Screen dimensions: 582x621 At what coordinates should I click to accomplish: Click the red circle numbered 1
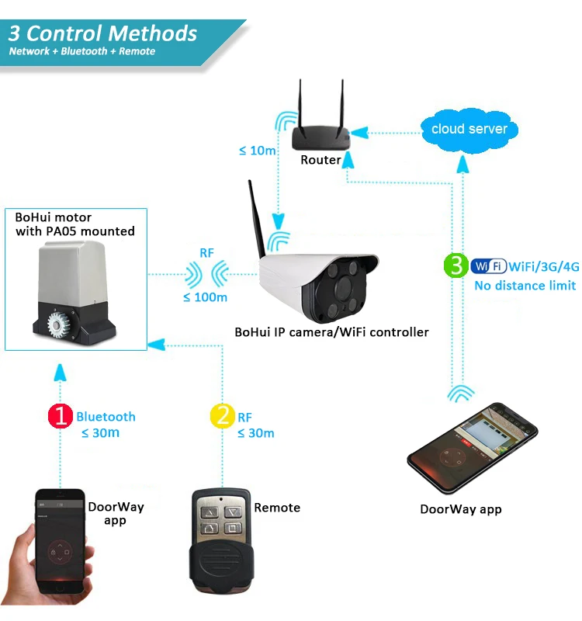pos(60,417)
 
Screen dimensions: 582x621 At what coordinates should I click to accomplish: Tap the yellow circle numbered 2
pos(222,416)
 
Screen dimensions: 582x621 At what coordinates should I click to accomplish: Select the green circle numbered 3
pos(456,265)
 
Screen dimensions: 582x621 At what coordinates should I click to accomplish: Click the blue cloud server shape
pos(469,129)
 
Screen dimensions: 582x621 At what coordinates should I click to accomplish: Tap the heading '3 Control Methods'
pos(102,33)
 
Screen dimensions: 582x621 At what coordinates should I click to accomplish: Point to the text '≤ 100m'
pos(205,297)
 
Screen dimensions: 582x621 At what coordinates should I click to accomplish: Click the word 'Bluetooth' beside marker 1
pos(106,417)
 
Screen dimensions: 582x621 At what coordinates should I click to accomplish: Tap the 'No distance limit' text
pos(525,286)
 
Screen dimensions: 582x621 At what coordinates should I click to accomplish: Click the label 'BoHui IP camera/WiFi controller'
pos(331,332)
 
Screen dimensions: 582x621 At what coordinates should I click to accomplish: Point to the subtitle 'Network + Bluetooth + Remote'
pos(82,52)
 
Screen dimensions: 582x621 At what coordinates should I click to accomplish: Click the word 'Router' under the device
pos(320,160)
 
